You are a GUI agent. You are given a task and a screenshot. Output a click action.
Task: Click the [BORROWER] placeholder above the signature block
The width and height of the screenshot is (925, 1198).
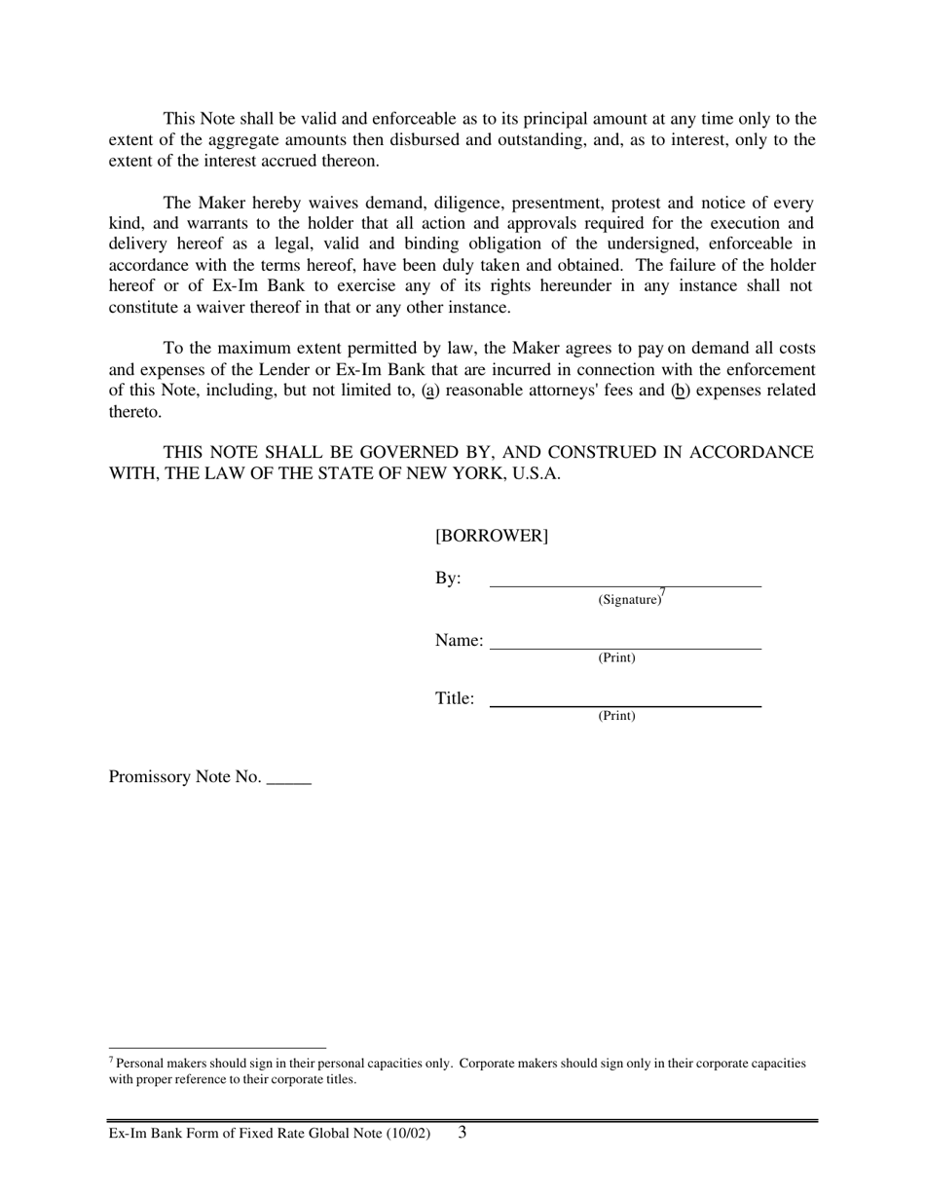pyautogui.click(x=492, y=537)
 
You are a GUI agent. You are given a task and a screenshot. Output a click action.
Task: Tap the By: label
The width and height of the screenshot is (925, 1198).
pyautogui.click(x=448, y=579)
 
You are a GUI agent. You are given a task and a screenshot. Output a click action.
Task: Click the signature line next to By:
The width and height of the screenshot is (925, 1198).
pyautogui.click(x=625, y=585)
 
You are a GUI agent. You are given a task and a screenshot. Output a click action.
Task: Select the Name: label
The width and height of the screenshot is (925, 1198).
pyautogui.click(x=459, y=641)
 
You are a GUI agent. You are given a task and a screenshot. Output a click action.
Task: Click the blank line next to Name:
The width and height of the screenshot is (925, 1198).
pyautogui.click(x=625, y=648)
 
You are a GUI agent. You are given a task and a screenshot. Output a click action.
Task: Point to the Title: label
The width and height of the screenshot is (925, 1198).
pyautogui.click(x=455, y=698)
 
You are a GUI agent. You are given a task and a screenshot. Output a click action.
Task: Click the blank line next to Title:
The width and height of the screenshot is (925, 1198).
pyautogui.click(x=625, y=705)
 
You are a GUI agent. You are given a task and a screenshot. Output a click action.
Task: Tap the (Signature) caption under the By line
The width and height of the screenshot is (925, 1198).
pyautogui.click(x=629, y=600)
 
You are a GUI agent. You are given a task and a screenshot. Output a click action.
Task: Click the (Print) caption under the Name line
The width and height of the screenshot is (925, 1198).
pyautogui.click(x=616, y=658)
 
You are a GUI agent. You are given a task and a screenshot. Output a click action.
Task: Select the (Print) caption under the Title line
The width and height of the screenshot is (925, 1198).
pyautogui.click(x=616, y=716)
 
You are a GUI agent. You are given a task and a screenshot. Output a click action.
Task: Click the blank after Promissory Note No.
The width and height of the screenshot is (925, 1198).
pyautogui.click(x=288, y=782)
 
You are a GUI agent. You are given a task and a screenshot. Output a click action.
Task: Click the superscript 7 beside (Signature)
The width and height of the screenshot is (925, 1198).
pyautogui.click(x=662, y=592)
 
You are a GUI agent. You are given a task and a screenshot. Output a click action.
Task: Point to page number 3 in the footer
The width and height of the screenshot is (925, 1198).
pyautogui.click(x=462, y=1133)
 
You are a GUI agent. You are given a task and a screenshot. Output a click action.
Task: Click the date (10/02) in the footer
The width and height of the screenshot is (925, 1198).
pyautogui.click(x=409, y=1135)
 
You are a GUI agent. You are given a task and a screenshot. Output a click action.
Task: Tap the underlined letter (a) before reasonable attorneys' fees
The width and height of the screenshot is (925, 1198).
pyautogui.click(x=430, y=391)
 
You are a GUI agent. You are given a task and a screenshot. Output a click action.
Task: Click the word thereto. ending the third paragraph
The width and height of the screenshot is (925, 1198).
pyautogui.click(x=134, y=412)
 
